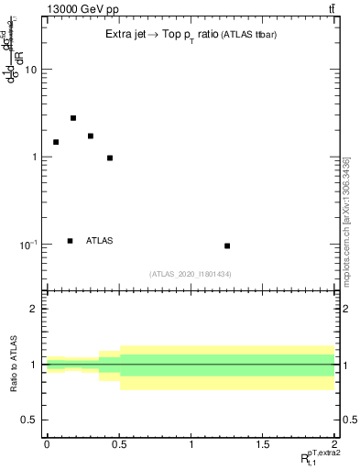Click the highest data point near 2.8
tap(73, 118)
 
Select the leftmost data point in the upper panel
tap(56, 142)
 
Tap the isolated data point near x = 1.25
tap(227, 245)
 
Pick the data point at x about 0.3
tap(91, 136)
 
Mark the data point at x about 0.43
tap(110, 158)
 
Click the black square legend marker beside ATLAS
tap(71, 241)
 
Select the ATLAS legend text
tap(99, 241)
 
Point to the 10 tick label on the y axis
tap(30, 70)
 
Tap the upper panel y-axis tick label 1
tap(34, 157)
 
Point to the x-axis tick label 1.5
tap(263, 444)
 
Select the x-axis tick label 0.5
tap(119, 444)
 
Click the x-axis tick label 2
tap(334, 444)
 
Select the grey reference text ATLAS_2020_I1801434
tap(191, 274)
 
